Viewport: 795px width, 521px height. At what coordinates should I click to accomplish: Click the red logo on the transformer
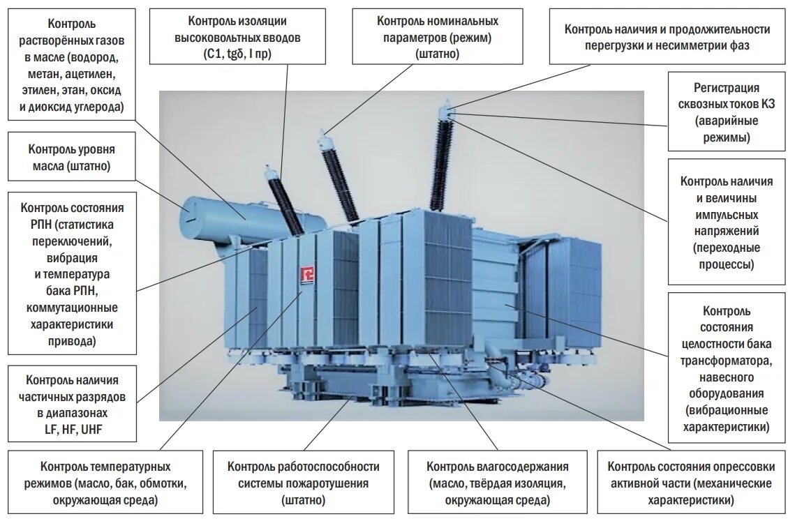click(304, 275)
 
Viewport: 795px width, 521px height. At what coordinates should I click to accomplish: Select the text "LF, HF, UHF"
click(73, 430)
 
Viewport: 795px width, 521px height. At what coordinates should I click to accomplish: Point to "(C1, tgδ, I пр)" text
click(249, 54)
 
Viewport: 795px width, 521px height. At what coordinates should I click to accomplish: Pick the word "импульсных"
click(727, 215)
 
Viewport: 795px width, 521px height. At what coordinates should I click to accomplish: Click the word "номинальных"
click(468, 21)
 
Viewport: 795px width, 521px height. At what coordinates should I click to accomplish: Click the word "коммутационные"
click(73, 308)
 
